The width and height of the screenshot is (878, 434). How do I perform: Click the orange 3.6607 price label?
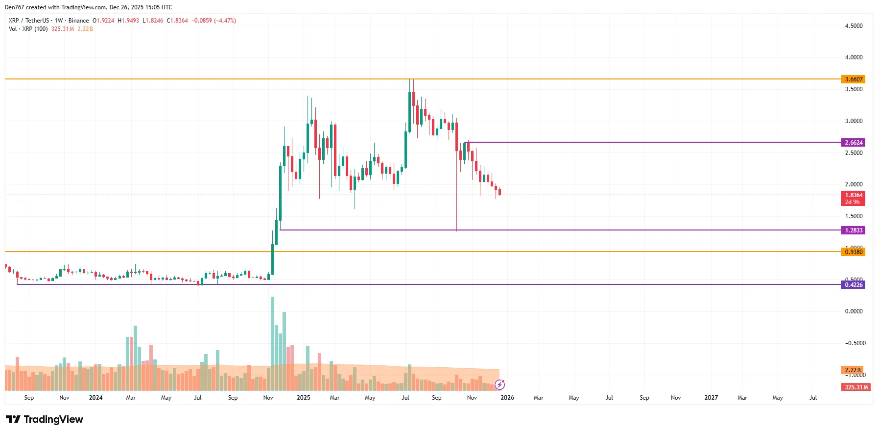click(853, 79)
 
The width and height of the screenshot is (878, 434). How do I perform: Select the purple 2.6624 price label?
click(853, 143)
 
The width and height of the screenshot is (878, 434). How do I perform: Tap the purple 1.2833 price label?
click(853, 230)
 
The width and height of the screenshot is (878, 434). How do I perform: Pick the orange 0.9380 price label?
click(853, 252)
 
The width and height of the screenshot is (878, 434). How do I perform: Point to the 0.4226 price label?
click(853, 285)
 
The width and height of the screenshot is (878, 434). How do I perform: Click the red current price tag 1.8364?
click(853, 195)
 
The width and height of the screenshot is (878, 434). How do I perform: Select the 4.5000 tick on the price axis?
click(854, 26)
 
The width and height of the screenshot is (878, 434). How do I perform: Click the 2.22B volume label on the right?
click(852, 370)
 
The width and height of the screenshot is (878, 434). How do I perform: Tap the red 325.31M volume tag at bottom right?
click(856, 387)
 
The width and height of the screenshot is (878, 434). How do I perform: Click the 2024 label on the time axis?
click(95, 398)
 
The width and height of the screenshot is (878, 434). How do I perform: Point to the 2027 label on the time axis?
click(711, 398)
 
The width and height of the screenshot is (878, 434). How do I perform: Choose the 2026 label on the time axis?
click(507, 398)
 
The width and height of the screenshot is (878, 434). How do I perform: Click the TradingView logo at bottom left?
click(45, 419)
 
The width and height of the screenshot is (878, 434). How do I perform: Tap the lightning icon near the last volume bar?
click(499, 384)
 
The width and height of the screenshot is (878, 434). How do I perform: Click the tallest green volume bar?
click(272, 343)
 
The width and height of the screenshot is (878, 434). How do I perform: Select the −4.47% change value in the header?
click(225, 21)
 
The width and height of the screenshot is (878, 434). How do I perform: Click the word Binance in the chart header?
click(78, 21)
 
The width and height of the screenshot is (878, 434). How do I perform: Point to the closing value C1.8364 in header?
click(177, 21)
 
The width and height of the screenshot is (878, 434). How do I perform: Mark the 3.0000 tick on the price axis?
click(854, 121)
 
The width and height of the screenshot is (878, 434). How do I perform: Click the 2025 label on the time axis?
click(303, 398)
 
